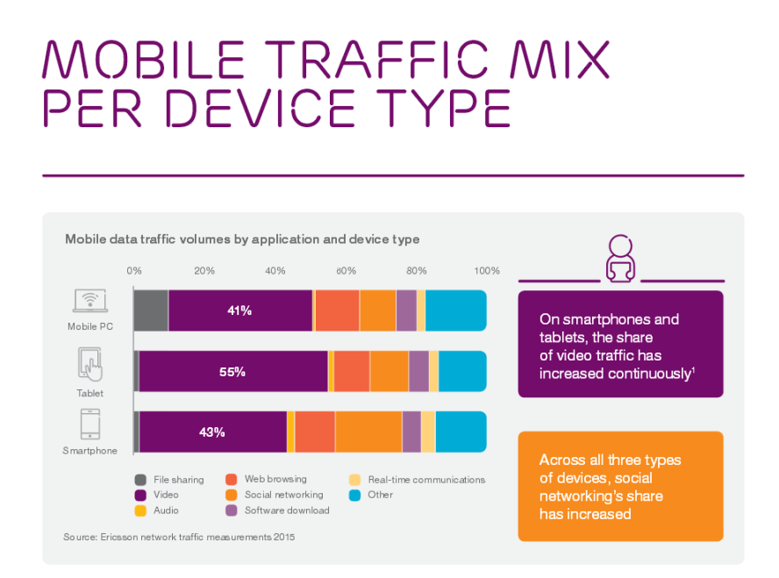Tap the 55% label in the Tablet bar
[x=232, y=372]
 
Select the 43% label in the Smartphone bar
[x=212, y=432]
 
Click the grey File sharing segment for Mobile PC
[x=151, y=310]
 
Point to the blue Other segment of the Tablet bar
[x=462, y=371]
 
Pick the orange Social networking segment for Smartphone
[x=368, y=432]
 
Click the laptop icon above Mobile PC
[x=89, y=301]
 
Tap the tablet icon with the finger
[x=90, y=364]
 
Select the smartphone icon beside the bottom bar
[x=89, y=425]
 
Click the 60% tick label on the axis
[x=346, y=271]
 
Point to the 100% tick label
[x=486, y=271]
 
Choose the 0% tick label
[x=134, y=271]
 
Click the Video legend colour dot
[x=140, y=496]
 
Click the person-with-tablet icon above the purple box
[x=620, y=260]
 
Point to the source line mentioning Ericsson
[x=179, y=537]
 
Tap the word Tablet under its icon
[x=89, y=394]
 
